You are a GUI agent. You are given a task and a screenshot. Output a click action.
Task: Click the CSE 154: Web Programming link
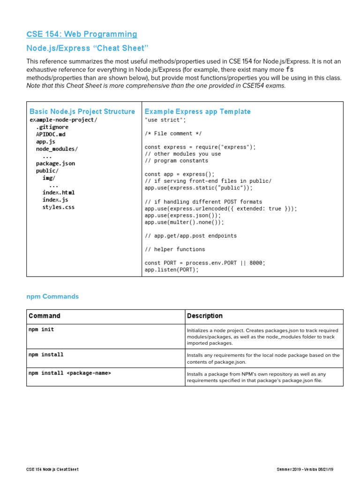(82, 34)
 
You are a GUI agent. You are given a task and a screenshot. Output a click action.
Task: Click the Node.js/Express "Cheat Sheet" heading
(87, 49)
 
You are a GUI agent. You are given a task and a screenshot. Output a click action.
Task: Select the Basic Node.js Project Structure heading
(82, 112)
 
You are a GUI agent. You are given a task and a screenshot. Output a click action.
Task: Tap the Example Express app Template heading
(197, 112)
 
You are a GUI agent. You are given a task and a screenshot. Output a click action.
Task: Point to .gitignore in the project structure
(52, 127)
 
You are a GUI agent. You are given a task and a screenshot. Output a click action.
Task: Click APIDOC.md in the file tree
(51, 134)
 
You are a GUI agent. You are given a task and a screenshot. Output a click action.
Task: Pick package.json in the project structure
(55, 164)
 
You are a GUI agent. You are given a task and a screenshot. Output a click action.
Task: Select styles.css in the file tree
(58, 207)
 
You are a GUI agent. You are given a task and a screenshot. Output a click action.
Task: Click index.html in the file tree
(58, 192)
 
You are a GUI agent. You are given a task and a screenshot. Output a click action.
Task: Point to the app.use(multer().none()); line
(185, 222)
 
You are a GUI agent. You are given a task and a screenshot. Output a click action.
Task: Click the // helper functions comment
(175, 249)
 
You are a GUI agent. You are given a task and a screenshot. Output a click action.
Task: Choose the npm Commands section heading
(52, 297)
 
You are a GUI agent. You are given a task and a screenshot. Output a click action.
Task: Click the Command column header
(44, 316)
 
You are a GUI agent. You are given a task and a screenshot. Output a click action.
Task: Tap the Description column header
(204, 316)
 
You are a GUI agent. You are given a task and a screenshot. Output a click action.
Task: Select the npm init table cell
(41, 330)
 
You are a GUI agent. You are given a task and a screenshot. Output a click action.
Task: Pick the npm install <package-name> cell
(69, 373)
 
